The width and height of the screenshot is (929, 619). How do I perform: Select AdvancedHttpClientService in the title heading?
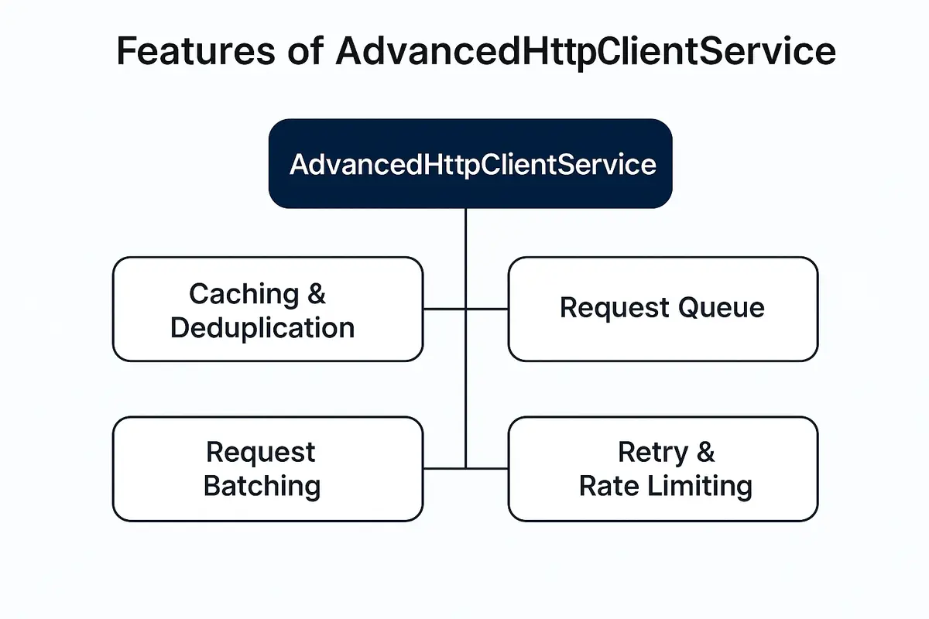586,51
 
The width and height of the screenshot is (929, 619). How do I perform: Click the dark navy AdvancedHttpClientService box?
470,163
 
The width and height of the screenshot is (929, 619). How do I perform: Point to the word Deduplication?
262,327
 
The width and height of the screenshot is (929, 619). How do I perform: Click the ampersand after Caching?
317,294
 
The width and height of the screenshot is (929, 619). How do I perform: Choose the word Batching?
262,486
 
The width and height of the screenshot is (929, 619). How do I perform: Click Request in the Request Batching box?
261,452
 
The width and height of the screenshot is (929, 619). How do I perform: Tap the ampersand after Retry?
705,452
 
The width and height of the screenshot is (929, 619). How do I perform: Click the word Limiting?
701,486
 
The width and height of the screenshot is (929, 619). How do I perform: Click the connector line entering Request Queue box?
488,309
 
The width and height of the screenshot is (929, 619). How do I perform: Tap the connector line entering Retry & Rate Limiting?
488,468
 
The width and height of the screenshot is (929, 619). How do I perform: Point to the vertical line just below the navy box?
465,232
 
